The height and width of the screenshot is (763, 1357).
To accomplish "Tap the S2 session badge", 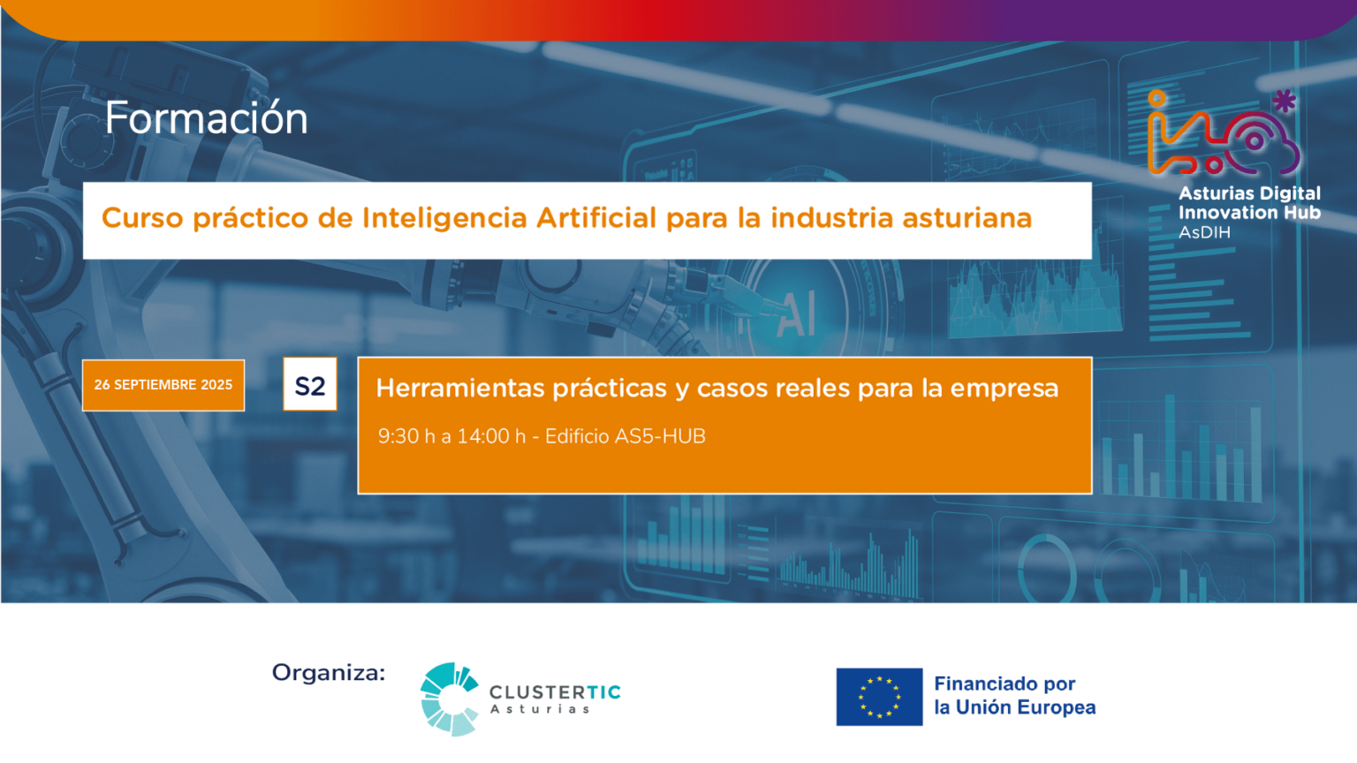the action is pos(310,384).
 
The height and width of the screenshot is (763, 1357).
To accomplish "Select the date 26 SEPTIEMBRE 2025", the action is pos(163,385).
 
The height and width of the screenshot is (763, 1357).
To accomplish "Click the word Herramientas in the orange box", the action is pos(464,388).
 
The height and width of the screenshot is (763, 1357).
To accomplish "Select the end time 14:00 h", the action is pos(491,436).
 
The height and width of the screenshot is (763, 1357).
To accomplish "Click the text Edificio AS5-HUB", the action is pos(625,436).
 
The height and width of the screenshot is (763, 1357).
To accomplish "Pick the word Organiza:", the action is pos(329,673).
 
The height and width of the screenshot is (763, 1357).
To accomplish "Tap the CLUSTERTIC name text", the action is pos(555,691).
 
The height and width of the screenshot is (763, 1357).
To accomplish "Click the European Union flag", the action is pos(879,697).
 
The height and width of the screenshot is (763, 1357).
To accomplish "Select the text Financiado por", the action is pos(1004,684).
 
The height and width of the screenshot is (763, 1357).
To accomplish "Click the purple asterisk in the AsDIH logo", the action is pos(1285,102).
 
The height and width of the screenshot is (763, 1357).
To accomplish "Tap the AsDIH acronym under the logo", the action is pos(1204,232).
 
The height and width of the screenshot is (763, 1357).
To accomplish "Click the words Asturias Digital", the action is pos(1249,193).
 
